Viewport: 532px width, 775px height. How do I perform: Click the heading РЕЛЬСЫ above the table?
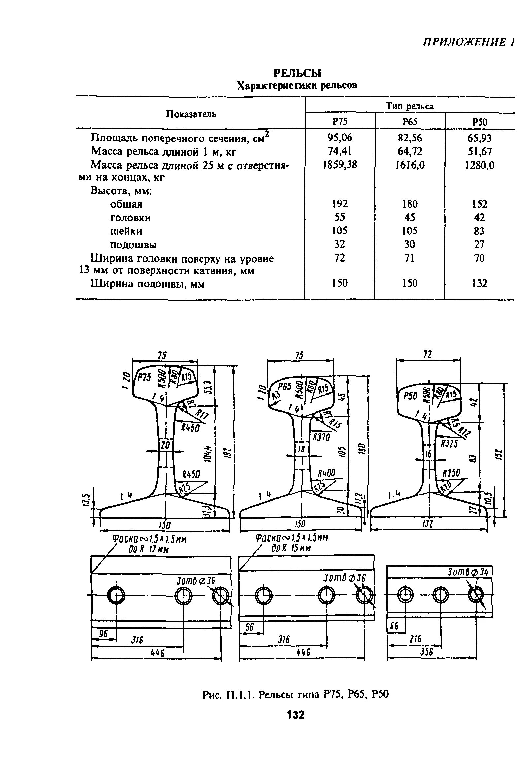(297, 73)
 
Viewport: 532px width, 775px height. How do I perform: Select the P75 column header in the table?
(339, 122)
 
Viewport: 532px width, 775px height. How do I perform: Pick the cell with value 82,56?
(410, 138)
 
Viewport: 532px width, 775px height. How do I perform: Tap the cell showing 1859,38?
(339, 165)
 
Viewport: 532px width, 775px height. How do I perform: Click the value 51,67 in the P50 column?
(479, 152)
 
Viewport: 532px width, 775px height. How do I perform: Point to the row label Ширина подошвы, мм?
(148, 284)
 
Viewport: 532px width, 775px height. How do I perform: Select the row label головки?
(130, 218)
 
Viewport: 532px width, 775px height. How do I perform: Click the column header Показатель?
(191, 114)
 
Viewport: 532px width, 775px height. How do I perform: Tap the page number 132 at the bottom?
(295, 715)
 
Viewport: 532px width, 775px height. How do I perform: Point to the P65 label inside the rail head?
(285, 387)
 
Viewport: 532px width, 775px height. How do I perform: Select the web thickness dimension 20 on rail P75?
(166, 445)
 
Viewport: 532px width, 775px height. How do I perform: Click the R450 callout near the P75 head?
(190, 427)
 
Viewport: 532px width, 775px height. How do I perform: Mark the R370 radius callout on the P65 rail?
(321, 437)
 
